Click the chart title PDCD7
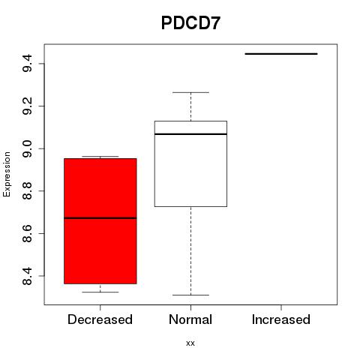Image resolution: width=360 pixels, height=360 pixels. tap(190, 23)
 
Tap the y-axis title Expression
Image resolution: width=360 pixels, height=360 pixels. tap(7, 174)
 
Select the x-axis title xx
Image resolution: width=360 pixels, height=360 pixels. tap(190, 343)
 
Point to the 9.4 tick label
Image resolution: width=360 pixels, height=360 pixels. tap(27, 63)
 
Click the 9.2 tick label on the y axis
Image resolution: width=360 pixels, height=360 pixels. tap(27, 106)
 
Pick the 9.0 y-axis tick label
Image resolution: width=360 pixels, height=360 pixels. tap(27, 148)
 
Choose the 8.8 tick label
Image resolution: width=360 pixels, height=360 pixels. tap(27, 190)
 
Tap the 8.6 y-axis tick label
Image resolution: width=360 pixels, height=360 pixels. tap(27, 233)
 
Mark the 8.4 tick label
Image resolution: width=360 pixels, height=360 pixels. tap(27, 276)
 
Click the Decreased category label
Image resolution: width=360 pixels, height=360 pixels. tap(100, 319)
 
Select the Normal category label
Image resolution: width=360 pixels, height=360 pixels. tap(190, 319)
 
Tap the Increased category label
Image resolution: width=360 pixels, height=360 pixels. tap(281, 319)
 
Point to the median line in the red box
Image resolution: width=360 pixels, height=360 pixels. tap(100, 218)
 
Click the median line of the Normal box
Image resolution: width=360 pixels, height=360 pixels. tap(190, 134)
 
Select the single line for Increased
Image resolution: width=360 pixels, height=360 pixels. tap(281, 54)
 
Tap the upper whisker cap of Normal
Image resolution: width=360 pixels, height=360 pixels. tap(190, 92)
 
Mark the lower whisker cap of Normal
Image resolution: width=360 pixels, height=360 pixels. tap(190, 295)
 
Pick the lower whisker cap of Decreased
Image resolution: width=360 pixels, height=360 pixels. tap(100, 292)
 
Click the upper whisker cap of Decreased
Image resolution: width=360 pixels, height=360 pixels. tap(100, 157)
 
